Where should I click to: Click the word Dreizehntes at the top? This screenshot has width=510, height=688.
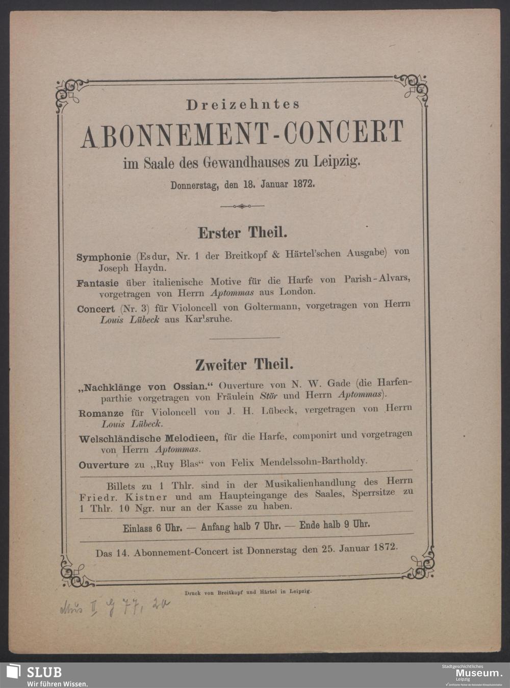click(x=243, y=105)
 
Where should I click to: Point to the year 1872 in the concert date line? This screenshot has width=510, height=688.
click(x=303, y=184)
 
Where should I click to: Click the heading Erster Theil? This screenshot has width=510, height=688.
click(x=242, y=233)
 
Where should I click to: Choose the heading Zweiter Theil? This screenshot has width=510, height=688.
click(x=244, y=365)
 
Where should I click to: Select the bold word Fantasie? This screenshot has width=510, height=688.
click(x=98, y=283)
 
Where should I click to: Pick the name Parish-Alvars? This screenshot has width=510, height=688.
click(x=377, y=279)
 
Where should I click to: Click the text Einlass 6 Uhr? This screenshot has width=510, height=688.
click(x=152, y=527)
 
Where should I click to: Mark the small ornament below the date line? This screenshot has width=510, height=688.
click(x=242, y=206)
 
